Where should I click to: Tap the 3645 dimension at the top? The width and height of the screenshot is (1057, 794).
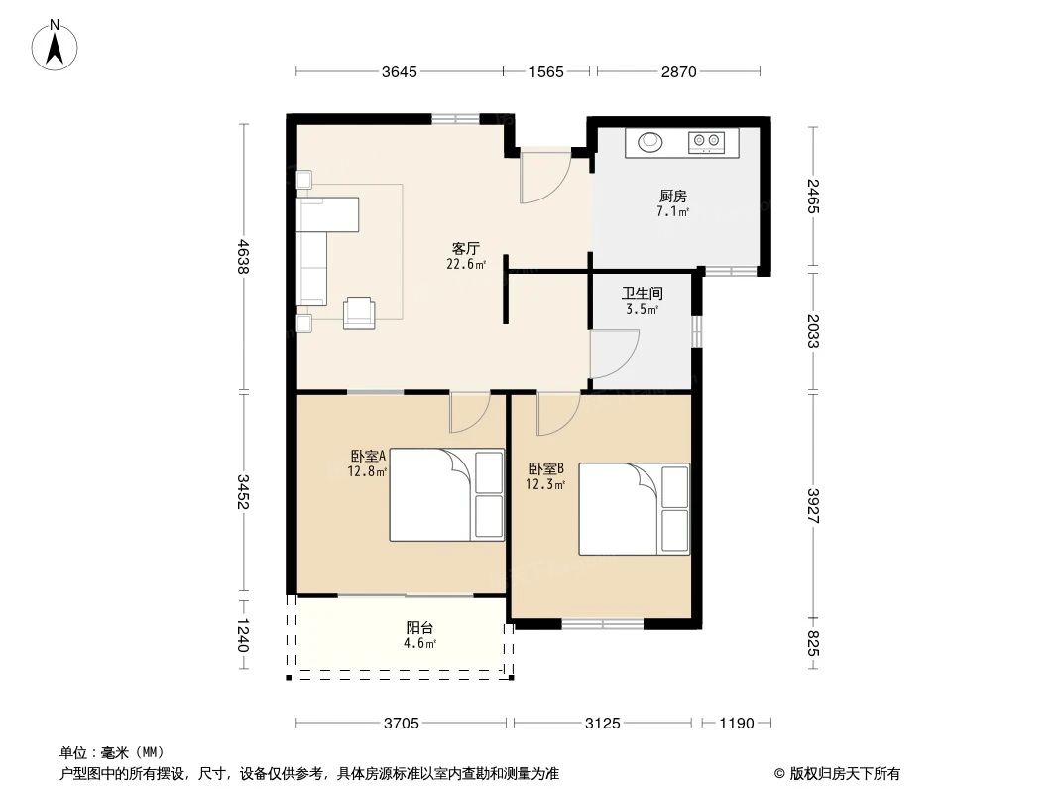pyautogui.click(x=399, y=71)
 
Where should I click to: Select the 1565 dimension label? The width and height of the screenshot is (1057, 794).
pyautogui.click(x=546, y=71)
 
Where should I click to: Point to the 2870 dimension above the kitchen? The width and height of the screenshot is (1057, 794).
pyautogui.click(x=679, y=71)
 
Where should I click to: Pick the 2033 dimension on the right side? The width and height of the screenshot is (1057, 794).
pyautogui.click(x=813, y=330)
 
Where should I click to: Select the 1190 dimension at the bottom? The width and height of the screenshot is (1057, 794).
pyautogui.click(x=737, y=723)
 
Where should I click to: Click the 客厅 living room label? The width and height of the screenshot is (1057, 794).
pyautogui.click(x=466, y=250)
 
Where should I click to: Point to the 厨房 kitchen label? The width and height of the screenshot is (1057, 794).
pyautogui.click(x=672, y=197)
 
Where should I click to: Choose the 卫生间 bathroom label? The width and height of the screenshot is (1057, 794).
pyautogui.click(x=642, y=294)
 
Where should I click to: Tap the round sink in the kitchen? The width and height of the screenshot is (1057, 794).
pyautogui.click(x=651, y=143)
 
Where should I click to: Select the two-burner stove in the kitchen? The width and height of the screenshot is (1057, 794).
pyautogui.click(x=707, y=143)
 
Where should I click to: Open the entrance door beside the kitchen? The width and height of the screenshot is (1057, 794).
pyautogui.click(x=542, y=177)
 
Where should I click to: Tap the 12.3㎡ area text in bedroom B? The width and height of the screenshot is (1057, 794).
pyautogui.click(x=545, y=484)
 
